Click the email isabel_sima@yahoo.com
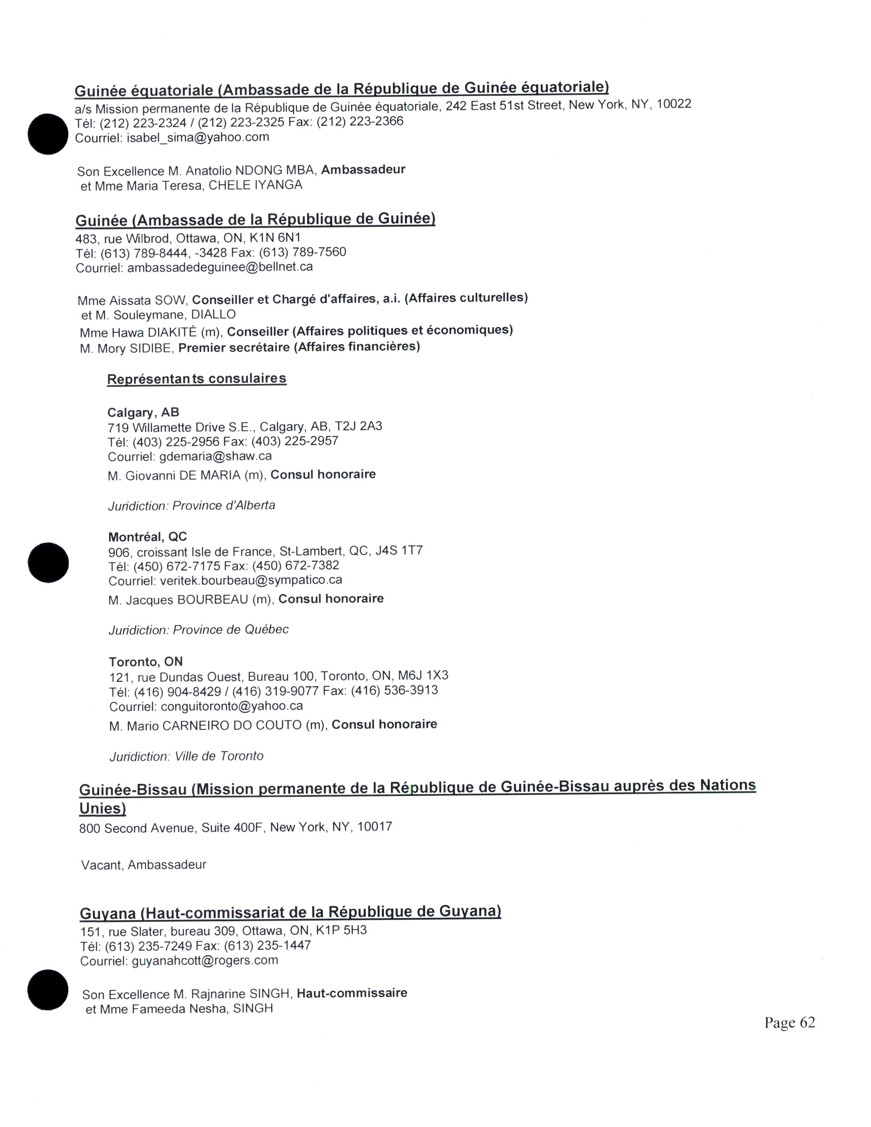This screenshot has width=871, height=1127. tap(198, 138)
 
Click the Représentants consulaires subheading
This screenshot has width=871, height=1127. tap(197, 379)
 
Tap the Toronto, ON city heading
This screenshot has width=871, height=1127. tap(146, 662)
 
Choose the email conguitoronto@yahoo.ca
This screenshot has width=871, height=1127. tap(232, 706)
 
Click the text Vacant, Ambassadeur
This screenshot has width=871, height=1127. tap(143, 865)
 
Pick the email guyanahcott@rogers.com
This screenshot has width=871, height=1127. tap(205, 960)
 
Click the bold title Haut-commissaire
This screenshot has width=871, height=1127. tap(352, 993)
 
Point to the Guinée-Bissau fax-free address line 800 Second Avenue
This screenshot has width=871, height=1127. tap(235, 828)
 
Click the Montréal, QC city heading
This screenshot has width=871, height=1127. tap(148, 537)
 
